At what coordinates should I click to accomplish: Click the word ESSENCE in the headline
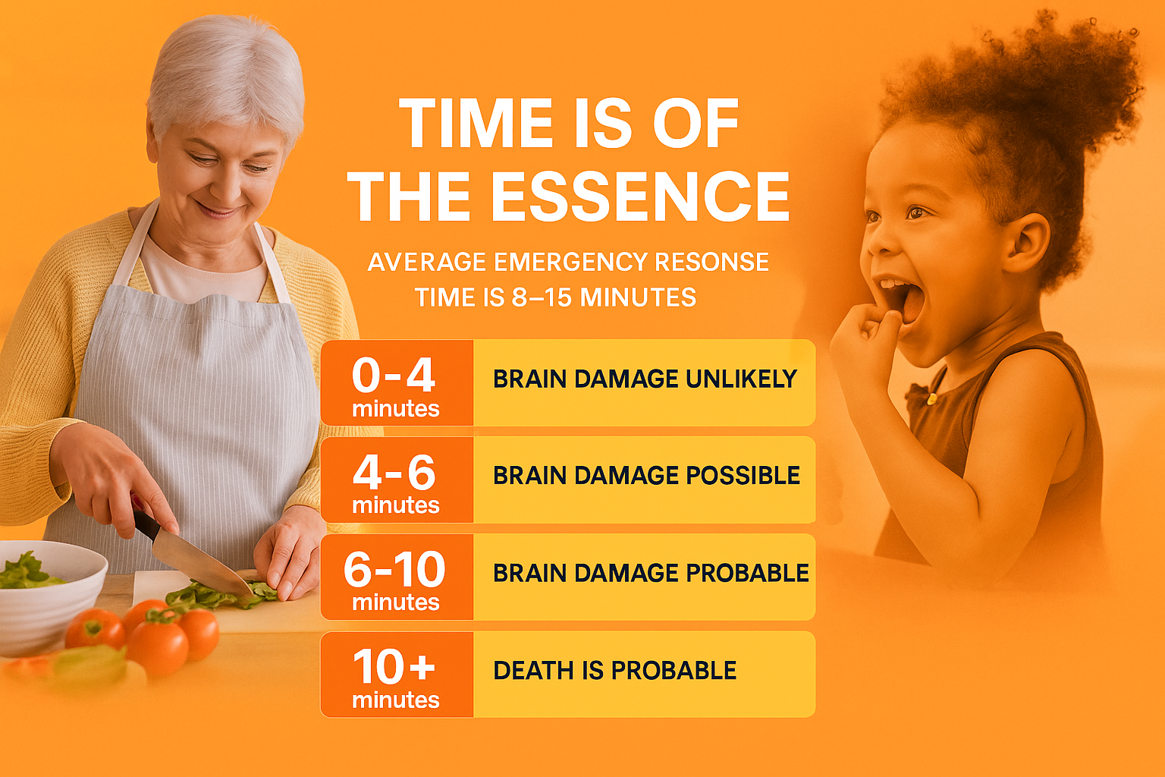(640, 197)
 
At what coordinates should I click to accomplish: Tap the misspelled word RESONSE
(711, 262)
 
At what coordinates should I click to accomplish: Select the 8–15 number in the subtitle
(542, 297)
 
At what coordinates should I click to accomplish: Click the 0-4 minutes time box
(397, 383)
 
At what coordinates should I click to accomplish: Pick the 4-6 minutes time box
(397, 480)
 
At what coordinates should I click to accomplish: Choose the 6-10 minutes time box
(397, 577)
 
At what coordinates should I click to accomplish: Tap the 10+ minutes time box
(397, 675)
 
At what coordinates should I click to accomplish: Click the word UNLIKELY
(741, 379)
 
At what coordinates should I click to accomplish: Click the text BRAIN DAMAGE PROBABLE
(651, 573)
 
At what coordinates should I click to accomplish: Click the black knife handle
(146, 524)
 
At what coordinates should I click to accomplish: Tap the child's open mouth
(904, 299)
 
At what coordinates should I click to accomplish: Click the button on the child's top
(931, 399)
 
